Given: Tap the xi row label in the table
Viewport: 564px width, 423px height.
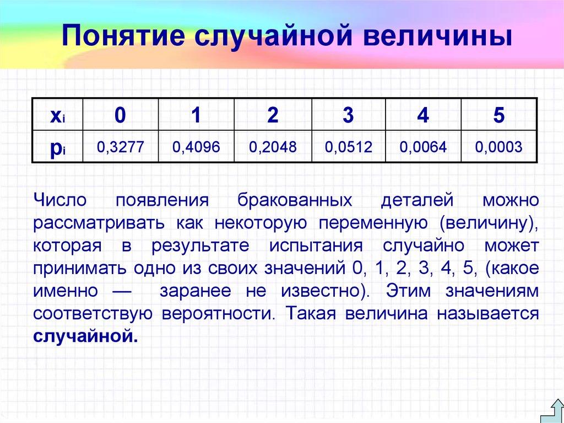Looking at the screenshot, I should point(57,116).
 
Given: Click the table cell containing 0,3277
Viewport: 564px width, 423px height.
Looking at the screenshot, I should point(120,147).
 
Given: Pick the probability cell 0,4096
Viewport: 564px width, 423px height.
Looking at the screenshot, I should point(196,147).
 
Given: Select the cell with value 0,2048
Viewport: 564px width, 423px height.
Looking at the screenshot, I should point(273,147).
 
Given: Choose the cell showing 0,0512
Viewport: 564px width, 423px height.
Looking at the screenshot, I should point(349,147).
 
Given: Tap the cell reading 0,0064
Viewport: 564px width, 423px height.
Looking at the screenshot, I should point(424,147).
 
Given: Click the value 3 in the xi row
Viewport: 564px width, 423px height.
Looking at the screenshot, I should point(348,116).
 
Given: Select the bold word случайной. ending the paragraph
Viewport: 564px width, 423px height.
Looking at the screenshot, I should point(84,336).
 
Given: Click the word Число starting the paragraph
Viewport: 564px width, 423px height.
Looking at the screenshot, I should point(59,200).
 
